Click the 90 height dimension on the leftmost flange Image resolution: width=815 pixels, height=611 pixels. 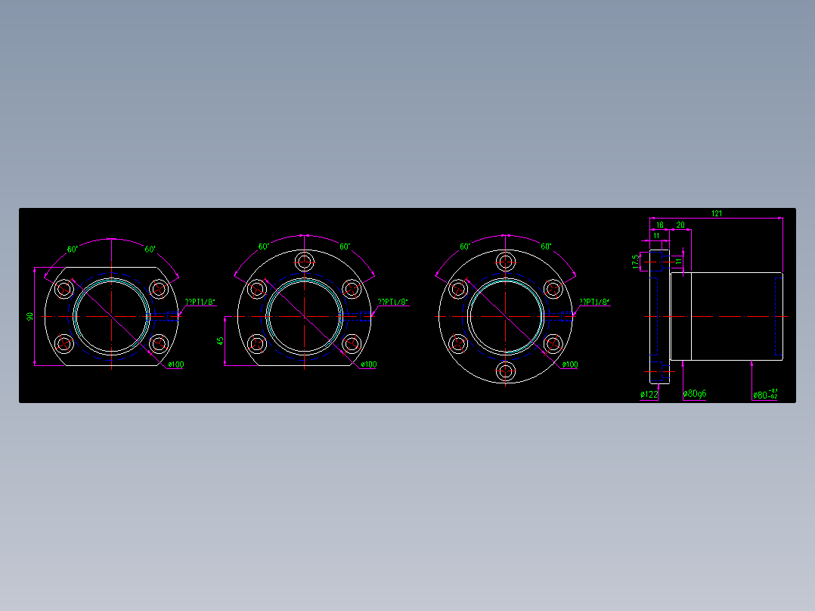30,316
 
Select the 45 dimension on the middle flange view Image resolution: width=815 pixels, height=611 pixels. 220,341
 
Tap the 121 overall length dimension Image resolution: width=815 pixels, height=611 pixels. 716,214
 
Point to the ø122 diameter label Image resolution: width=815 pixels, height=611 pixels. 649,395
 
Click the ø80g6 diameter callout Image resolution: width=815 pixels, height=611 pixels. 695,394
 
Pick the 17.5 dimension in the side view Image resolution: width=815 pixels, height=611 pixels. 637,261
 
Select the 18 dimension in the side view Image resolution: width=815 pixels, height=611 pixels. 659,225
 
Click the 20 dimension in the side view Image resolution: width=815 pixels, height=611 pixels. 680,225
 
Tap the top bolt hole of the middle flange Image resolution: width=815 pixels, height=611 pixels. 305,262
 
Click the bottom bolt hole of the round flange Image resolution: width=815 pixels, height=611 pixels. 506,371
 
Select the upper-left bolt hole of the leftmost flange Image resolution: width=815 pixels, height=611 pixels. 64,288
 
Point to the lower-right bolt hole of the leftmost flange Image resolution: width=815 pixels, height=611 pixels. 159,344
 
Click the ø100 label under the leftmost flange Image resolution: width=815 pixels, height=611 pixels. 175,364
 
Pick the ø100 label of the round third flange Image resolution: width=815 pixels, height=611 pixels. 569,364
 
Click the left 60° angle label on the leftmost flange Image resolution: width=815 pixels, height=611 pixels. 73,249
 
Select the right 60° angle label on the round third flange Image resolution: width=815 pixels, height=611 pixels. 546,247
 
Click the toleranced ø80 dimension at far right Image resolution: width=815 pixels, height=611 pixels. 765,394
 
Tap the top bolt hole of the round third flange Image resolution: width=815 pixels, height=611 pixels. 506,262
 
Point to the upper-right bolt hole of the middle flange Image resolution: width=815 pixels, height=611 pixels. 352,288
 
